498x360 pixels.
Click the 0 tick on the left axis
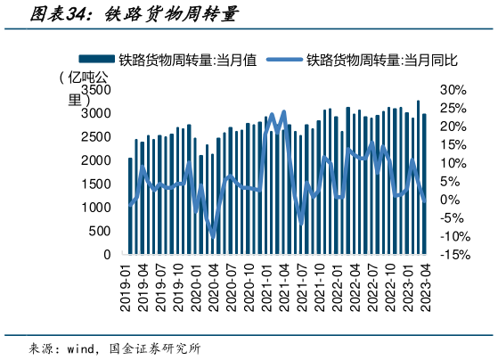point(107,255)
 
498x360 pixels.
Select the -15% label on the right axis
point(454,255)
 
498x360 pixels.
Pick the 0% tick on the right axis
point(451,200)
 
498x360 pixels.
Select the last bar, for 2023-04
point(425,184)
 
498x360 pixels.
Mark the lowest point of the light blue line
point(213,236)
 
